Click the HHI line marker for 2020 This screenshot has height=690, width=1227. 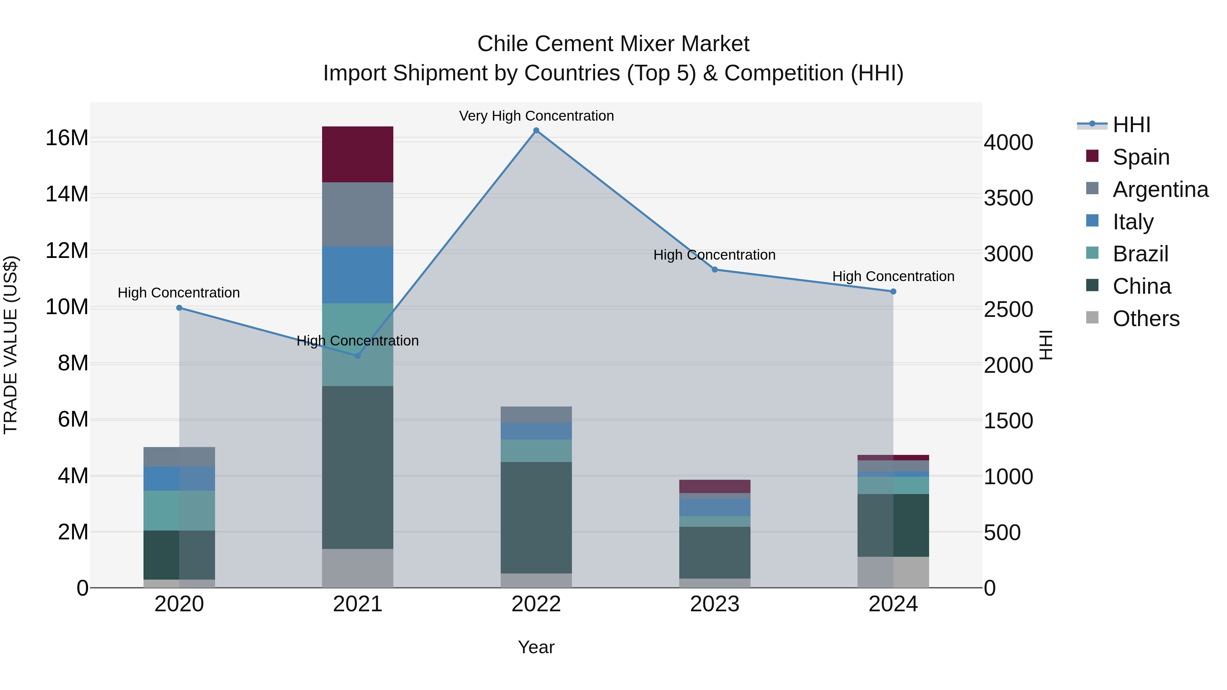click(x=179, y=308)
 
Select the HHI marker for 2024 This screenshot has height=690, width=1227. click(x=893, y=291)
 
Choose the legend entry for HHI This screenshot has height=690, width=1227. click(x=1131, y=125)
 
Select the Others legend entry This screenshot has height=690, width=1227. click(x=1146, y=319)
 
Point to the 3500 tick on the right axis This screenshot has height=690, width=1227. click(x=1009, y=198)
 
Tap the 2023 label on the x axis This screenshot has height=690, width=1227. click(x=714, y=604)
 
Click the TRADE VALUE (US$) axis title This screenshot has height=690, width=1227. click(x=11, y=345)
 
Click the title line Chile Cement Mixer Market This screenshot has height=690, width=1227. click(x=613, y=44)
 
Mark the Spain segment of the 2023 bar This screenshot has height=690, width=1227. click(x=714, y=486)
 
